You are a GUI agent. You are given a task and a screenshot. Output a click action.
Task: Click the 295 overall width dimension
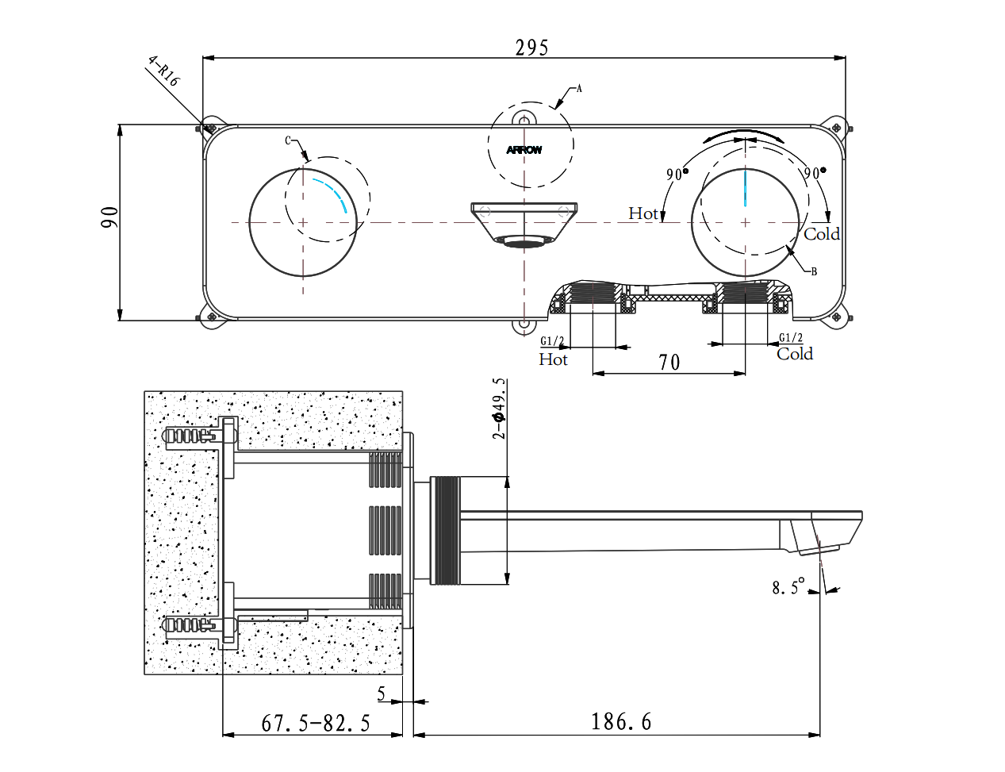[531, 48]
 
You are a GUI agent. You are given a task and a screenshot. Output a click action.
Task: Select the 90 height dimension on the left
[109, 217]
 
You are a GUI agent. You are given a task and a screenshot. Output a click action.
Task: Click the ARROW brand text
[524, 150]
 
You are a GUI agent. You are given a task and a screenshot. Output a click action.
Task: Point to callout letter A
[579, 88]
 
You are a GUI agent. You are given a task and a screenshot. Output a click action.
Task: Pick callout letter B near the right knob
[814, 271]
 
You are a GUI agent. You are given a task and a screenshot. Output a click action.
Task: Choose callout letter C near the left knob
[289, 141]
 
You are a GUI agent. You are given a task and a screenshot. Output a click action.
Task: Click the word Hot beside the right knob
[643, 213]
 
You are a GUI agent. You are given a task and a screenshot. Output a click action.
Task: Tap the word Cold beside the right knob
[822, 234]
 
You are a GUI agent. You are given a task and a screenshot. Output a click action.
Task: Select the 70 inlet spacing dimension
[669, 363]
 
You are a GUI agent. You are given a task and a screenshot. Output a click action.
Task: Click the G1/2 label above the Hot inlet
[552, 341]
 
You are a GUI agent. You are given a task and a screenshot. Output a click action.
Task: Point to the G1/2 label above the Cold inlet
[791, 338]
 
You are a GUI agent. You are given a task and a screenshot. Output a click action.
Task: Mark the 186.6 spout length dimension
[621, 722]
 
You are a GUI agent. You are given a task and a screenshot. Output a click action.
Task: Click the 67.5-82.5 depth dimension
[316, 724]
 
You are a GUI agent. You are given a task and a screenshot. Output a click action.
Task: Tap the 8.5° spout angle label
[788, 587]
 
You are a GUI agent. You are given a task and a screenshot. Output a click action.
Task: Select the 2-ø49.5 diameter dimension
[498, 409]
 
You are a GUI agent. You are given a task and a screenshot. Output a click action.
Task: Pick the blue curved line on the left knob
[332, 194]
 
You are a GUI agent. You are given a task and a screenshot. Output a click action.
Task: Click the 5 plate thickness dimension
[382, 694]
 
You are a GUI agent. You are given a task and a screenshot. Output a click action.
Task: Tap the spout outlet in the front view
[524, 241]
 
